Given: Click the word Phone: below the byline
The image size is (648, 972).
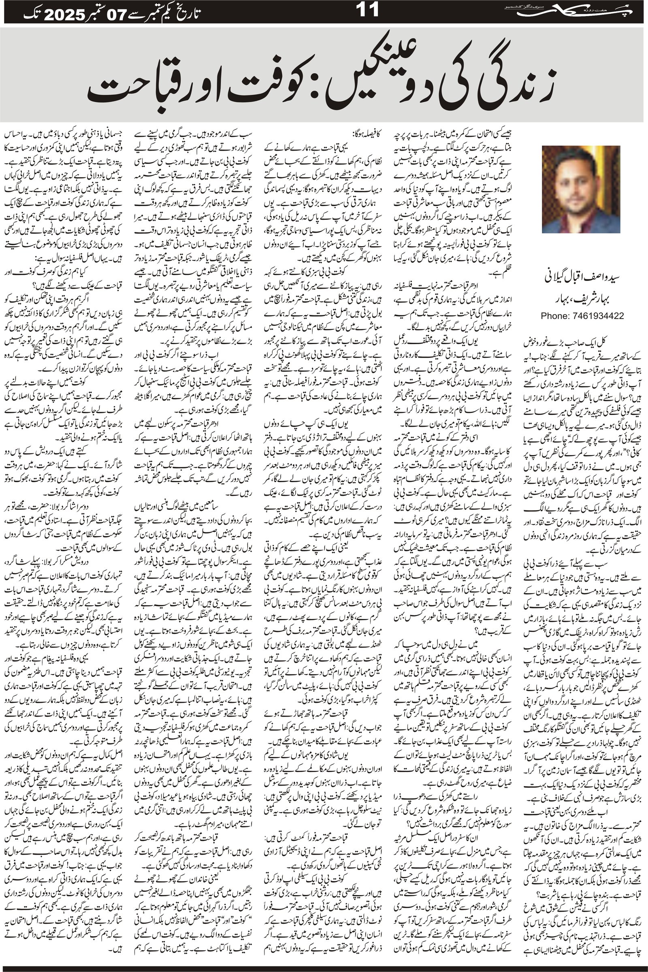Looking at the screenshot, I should tap(554, 316).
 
